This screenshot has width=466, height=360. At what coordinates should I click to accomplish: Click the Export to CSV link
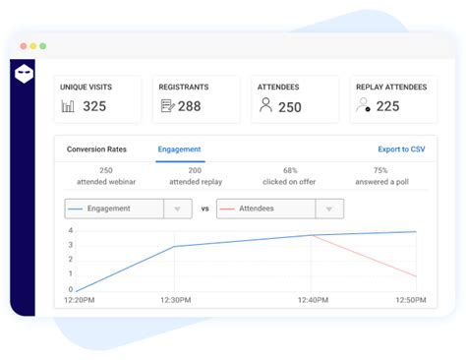(401, 150)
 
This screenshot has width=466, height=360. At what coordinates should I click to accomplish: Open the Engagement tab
(180, 150)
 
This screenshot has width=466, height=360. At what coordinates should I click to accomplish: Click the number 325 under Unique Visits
(94, 106)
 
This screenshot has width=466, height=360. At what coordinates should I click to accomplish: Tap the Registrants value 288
(189, 106)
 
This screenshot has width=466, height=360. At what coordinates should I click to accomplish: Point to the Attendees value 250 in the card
(290, 107)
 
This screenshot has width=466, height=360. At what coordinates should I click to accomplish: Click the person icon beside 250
(265, 105)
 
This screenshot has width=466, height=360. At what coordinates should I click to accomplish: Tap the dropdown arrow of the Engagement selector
(177, 209)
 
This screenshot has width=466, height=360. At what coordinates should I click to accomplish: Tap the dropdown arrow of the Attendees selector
(330, 209)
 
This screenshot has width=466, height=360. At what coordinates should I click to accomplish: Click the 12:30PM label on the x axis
(175, 300)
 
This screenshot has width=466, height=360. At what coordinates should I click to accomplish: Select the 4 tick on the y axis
(70, 231)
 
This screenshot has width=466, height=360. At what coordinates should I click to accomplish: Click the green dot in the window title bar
(43, 46)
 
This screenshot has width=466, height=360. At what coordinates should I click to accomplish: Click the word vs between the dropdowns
(204, 209)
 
